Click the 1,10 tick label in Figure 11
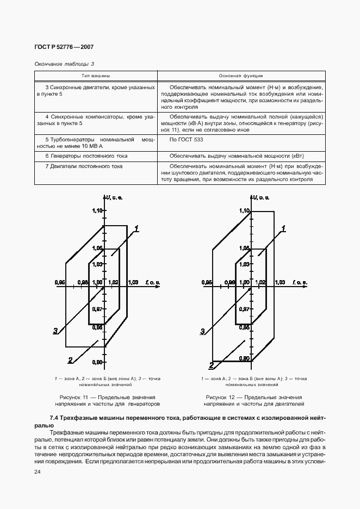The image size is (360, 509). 97,210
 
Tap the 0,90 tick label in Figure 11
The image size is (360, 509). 97,362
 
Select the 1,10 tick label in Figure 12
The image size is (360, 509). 244,210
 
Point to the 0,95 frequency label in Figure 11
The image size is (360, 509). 60,282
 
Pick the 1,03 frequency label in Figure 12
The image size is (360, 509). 280,282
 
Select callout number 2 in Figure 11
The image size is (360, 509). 71,359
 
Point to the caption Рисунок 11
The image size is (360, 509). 107,398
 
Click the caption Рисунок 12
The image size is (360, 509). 254,398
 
